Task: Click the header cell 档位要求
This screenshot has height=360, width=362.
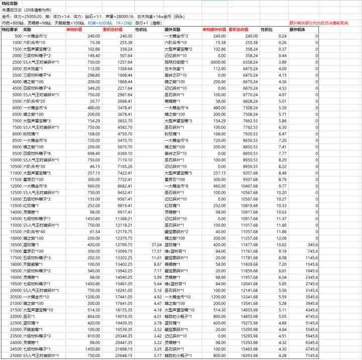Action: pyautogui.click(x=10, y=30)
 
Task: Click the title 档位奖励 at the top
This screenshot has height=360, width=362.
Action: pyautogui.click(x=10, y=3)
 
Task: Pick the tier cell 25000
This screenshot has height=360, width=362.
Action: pyautogui.click(x=15, y=355)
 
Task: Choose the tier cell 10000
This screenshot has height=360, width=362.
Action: pyautogui.click(x=15, y=160)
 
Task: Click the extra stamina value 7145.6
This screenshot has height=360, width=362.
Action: pyautogui.click(x=310, y=355)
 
